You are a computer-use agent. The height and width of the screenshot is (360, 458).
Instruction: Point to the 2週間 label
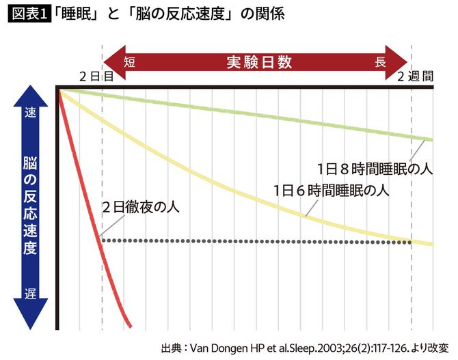[x=416, y=77]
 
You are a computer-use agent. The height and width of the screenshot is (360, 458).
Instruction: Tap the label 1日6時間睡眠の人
[x=331, y=191]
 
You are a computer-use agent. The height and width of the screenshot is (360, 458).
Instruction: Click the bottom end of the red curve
[x=130, y=325]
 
